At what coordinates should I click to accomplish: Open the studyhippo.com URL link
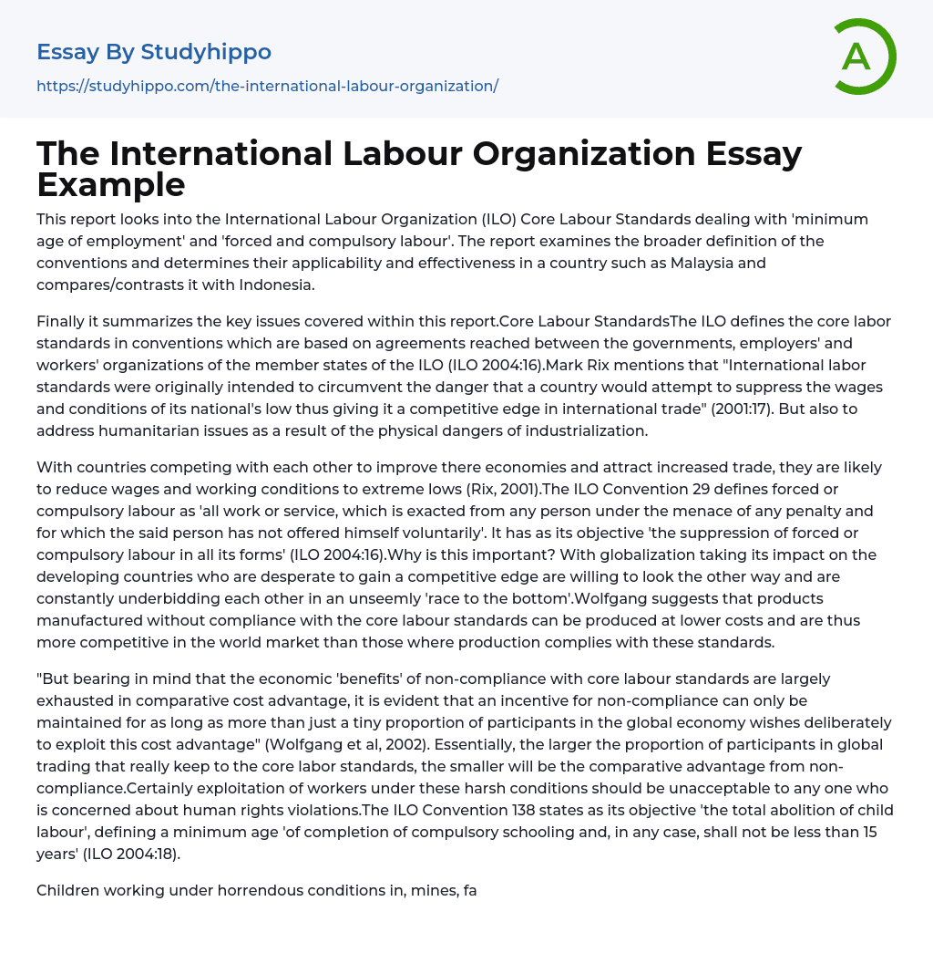coord(267,86)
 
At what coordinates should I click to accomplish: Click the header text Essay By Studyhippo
coord(154,52)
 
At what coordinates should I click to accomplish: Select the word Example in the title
coord(110,184)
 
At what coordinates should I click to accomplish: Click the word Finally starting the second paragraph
coord(64,321)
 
